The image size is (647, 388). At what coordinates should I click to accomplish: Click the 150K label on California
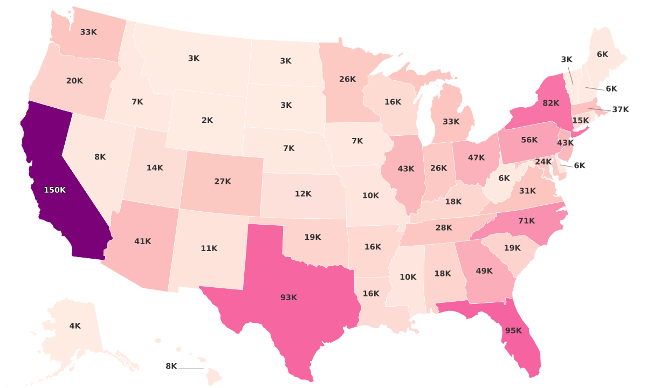point(54,190)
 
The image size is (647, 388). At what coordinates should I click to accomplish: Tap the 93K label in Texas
point(288,297)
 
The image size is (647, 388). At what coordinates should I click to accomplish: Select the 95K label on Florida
point(513,331)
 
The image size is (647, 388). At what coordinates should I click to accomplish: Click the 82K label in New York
point(550,103)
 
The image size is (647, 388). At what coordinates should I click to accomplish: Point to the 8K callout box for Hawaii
point(171,366)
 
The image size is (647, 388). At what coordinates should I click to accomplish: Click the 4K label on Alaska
point(75,325)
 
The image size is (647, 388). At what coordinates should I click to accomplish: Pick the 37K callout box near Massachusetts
point(621,110)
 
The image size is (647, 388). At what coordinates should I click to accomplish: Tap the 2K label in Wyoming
point(208,120)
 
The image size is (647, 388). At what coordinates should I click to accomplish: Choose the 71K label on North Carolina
point(526,220)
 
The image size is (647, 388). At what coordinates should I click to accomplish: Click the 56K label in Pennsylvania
point(529,140)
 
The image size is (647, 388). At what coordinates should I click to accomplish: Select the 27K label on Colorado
point(222,182)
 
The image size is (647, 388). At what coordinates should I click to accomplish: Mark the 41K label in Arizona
point(142,241)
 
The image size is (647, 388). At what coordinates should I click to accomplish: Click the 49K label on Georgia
point(484,271)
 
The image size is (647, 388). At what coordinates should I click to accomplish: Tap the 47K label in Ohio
point(476,158)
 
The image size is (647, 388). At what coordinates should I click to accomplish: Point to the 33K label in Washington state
point(88,32)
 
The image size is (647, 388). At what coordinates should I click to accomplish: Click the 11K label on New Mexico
point(209,248)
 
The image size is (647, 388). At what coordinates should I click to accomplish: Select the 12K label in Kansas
point(303,193)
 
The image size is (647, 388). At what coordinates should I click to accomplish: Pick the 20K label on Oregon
point(74,81)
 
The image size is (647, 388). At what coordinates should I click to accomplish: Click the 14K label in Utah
point(155,168)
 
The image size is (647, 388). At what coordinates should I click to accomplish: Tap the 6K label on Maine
point(602,54)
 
